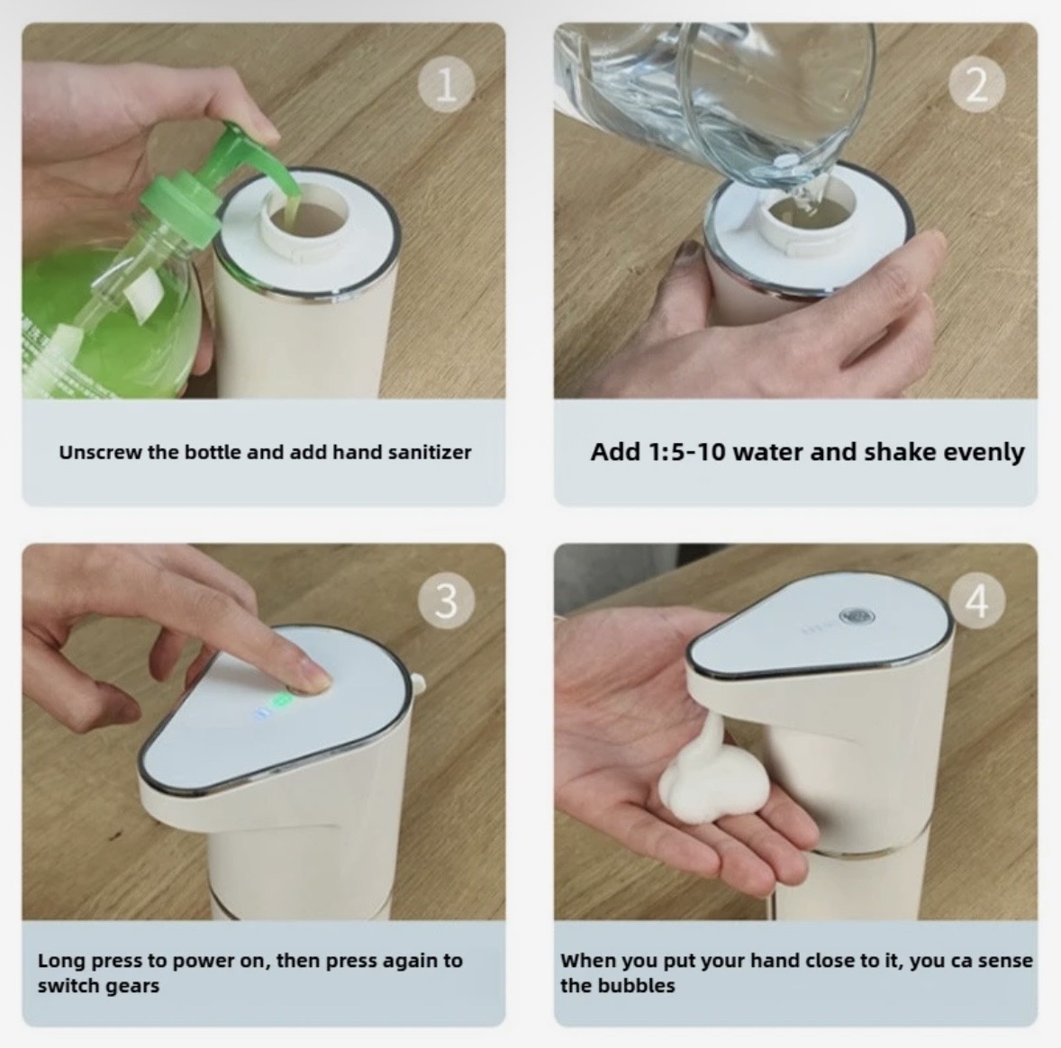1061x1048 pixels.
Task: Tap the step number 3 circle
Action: click(x=446, y=601)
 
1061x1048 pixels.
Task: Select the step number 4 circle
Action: click(x=976, y=601)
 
